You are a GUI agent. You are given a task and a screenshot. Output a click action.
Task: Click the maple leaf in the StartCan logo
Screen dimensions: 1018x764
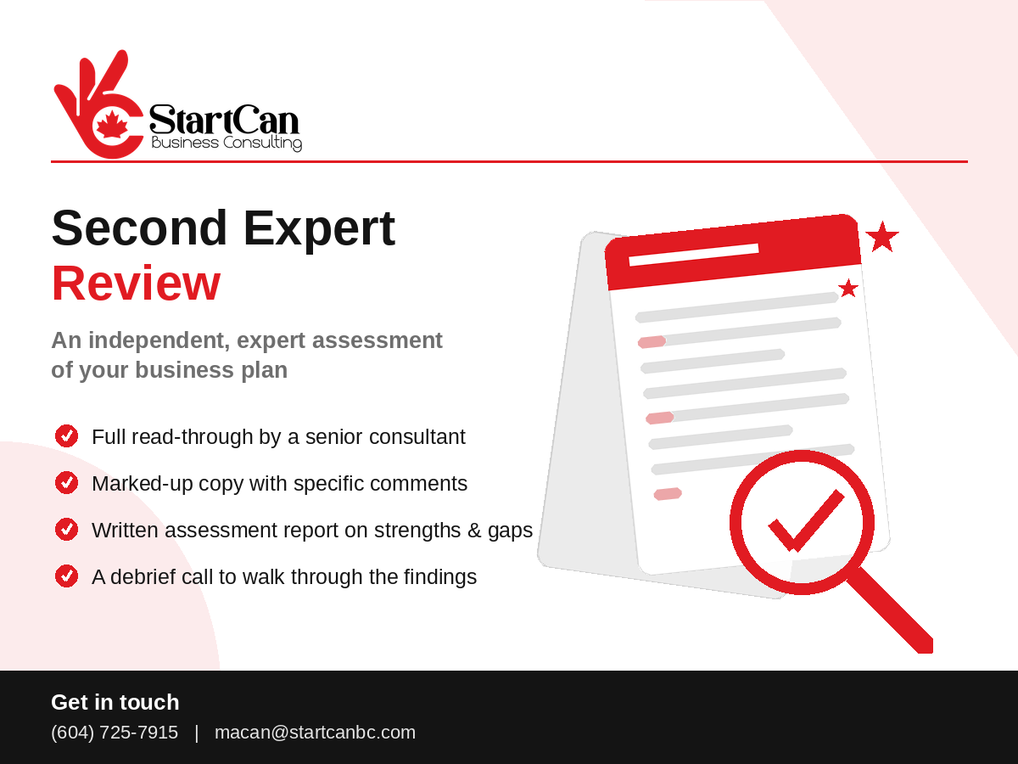coord(111,124)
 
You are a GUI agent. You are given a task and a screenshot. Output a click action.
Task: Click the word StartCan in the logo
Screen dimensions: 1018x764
coord(225,119)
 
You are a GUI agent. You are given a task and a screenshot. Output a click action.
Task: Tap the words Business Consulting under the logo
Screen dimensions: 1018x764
coord(227,143)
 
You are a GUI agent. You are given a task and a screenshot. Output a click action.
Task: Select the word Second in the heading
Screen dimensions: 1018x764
coord(139,228)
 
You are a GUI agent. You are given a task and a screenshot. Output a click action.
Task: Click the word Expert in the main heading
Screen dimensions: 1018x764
coord(319,229)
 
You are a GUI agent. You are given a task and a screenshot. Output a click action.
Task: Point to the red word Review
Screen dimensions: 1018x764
coord(136,284)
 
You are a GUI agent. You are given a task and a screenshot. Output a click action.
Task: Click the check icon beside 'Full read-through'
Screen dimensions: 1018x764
coord(67,436)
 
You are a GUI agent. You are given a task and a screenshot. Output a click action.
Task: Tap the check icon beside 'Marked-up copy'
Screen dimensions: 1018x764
coord(67,483)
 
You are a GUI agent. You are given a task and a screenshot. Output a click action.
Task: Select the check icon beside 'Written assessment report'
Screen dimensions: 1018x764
coord(67,529)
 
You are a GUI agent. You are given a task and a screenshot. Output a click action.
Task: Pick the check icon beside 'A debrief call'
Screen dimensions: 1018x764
coord(67,576)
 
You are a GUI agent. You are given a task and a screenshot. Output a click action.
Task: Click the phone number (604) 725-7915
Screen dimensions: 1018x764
coord(115,733)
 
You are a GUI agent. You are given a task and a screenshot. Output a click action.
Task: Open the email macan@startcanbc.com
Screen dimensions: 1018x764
coord(315,733)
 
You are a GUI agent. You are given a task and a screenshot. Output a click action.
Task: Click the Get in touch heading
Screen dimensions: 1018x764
coord(115,702)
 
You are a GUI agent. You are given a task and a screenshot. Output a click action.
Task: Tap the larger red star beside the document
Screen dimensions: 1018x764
coord(882,238)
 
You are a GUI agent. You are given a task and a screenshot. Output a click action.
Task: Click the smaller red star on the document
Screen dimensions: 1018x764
coord(848,289)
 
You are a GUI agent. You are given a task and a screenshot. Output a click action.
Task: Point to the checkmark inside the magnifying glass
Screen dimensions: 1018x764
coord(806,520)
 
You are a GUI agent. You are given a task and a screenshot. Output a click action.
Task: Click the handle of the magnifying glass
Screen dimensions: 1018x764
coord(892,611)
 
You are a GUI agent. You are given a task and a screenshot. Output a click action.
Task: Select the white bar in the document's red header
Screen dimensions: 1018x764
coord(694,255)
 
